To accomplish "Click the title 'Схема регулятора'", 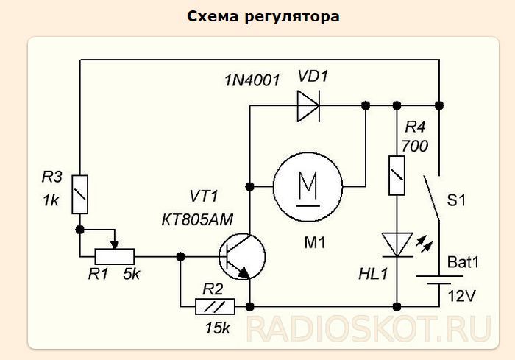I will (x=263, y=16).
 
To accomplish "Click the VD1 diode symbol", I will (x=308, y=105).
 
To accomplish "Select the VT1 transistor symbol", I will (x=242, y=256).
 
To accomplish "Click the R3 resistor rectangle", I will (x=80, y=194).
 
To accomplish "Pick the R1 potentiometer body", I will (x=114, y=256).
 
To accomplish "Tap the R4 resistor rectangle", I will (x=397, y=175).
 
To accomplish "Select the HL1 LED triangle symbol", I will (x=397, y=244).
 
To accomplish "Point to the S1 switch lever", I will (x=433, y=199).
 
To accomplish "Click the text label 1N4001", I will (x=252, y=80).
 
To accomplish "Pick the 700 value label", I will (x=415, y=147).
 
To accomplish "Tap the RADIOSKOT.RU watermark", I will (x=368, y=329).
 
